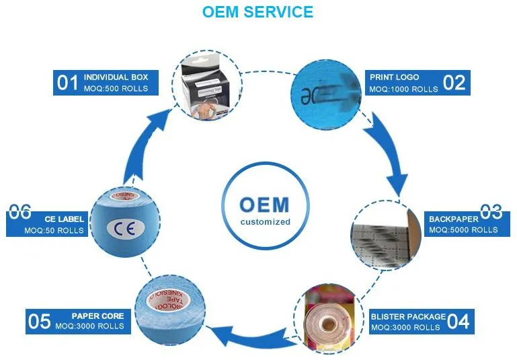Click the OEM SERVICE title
click(257, 12)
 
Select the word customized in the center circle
click(258, 221)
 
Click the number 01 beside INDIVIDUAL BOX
click(68, 83)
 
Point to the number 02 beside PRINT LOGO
click(454, 82)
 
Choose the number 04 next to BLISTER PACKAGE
click(458, 321)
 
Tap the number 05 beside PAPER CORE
click(39, 321)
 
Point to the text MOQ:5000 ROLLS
click(463, 230)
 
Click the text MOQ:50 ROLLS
click(54, 231)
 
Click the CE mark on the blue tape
click(124, 227)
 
